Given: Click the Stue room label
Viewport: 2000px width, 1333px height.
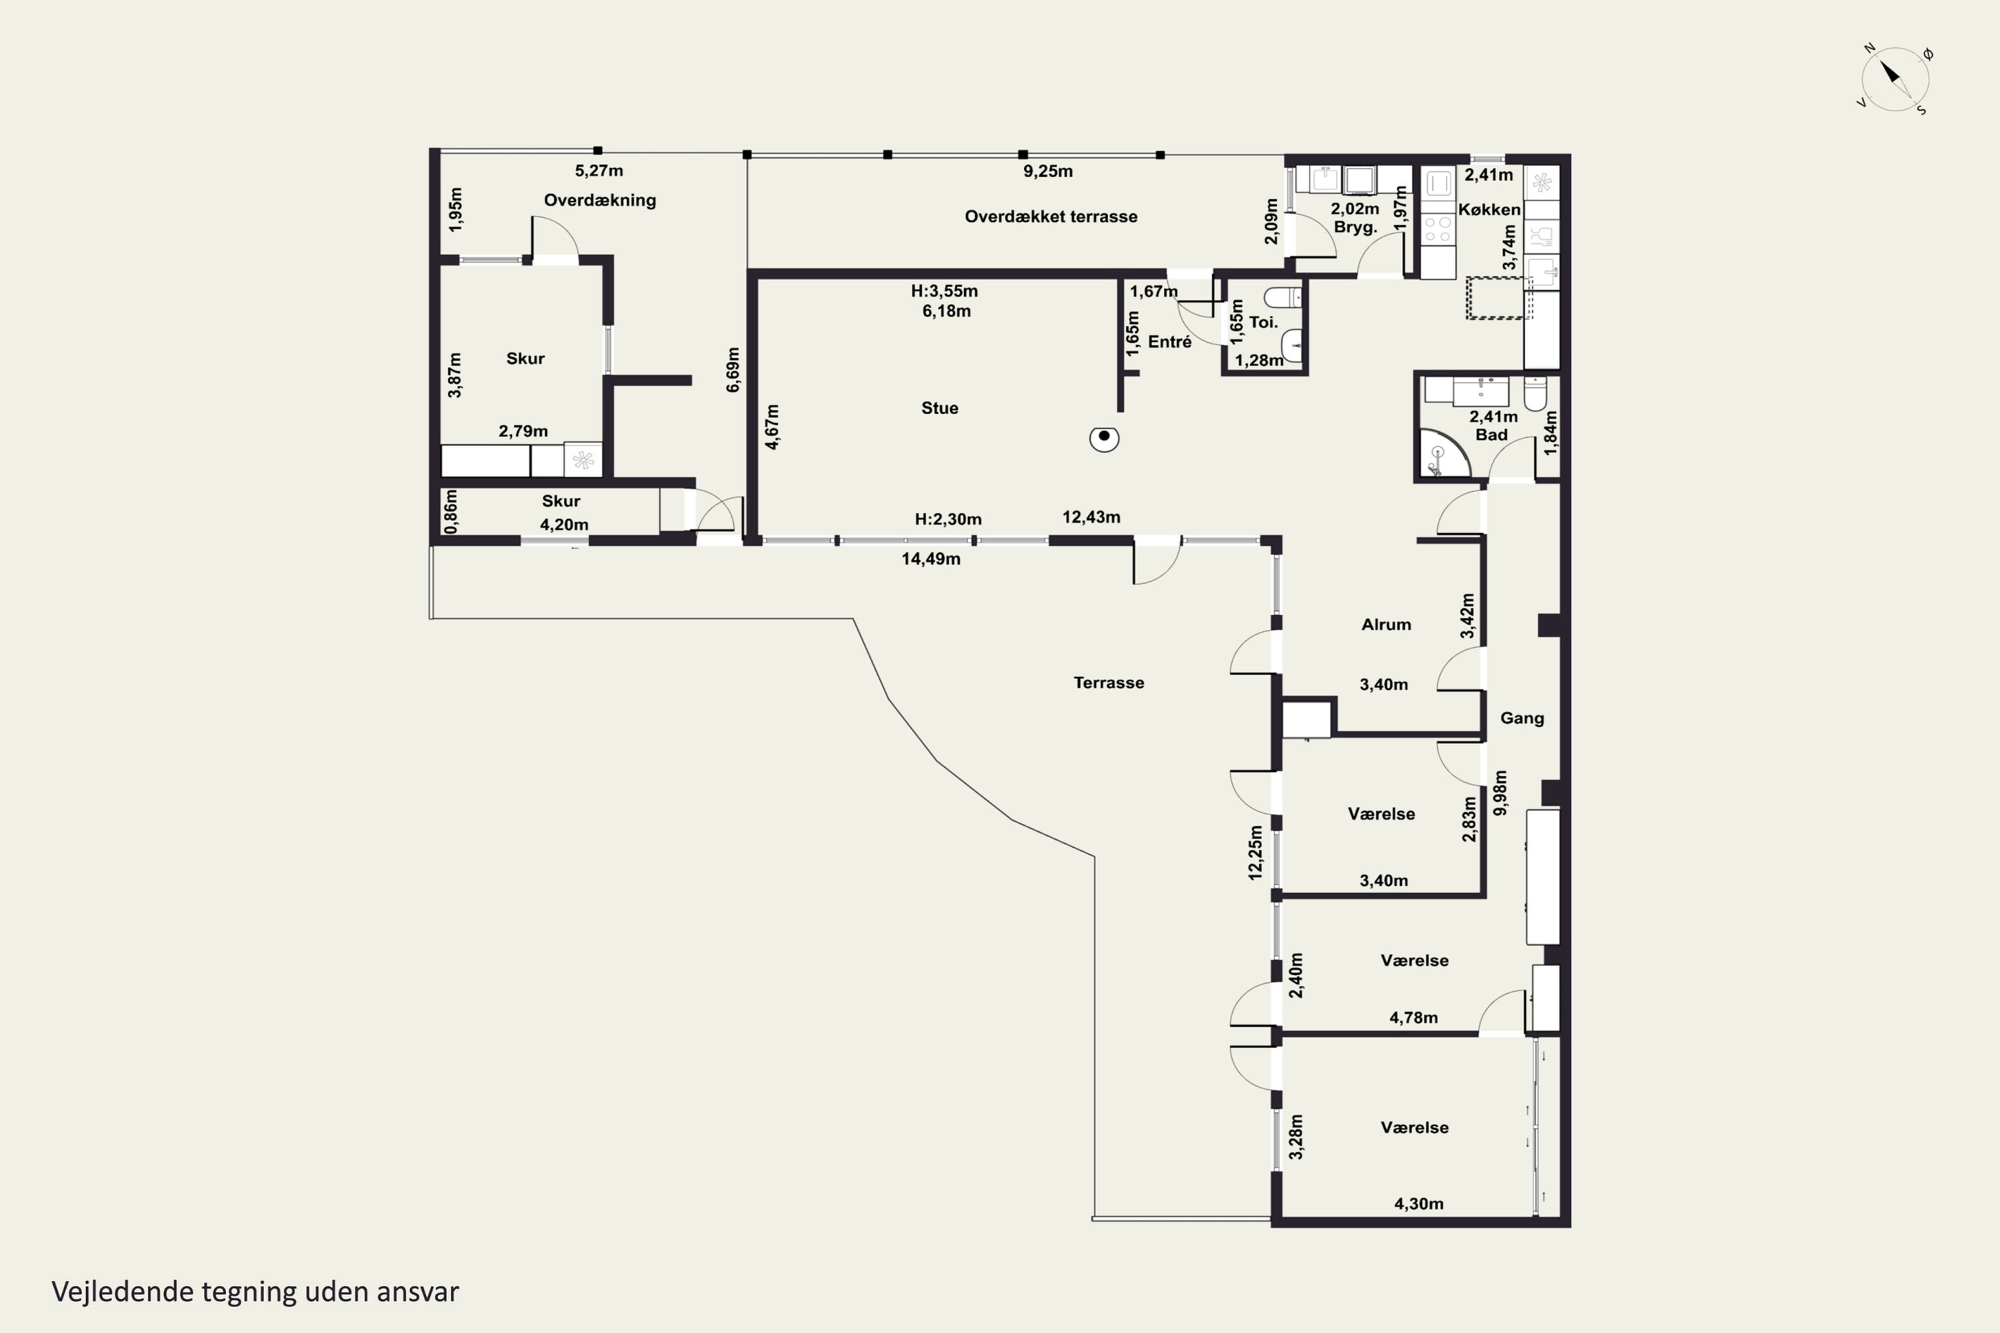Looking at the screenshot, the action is (939, 408).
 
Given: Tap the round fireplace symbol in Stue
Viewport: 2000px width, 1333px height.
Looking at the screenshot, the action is (1104, 438).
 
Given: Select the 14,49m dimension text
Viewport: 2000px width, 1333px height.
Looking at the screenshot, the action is (931, 559).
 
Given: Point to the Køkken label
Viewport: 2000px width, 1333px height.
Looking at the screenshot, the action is (1489, 209).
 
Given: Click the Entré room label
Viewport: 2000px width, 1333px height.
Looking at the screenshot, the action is (1169, 342).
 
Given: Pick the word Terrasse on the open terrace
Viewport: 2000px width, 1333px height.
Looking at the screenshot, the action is (1109, 682).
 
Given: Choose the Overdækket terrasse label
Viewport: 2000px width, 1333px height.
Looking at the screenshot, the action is (1051, 217).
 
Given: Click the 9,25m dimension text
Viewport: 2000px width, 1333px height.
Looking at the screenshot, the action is (1047, 171).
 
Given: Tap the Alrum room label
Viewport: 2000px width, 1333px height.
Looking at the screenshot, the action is (1386, 624).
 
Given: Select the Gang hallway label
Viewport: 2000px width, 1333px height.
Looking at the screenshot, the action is (1522, 718).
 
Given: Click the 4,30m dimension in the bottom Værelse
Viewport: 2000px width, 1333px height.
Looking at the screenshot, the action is (1419, 1204).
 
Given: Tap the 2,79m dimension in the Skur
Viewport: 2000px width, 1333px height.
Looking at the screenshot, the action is (523, 431).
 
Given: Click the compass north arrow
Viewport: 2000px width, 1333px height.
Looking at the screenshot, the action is (1889, 73).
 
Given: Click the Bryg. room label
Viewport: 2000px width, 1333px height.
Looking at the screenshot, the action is (1355, 227).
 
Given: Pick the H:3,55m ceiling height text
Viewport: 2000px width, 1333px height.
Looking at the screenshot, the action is (944, 291).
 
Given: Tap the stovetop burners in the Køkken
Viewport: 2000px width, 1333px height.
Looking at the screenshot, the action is (1438, 229).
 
